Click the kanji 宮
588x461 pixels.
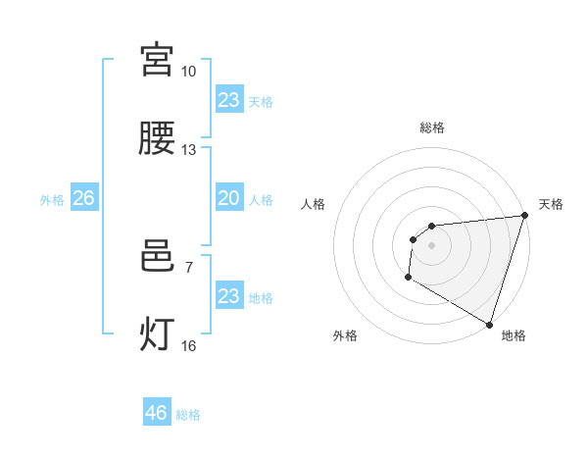pos(157,60)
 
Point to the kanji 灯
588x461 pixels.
pos(157,334)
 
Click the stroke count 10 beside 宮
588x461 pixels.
pos(188,72)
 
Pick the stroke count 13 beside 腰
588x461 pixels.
pos(188,150)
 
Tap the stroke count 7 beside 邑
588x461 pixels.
pos(188,267)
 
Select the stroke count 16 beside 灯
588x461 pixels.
pos(188,345)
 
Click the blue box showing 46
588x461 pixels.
pos(157,413)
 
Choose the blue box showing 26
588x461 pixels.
pos(83,198)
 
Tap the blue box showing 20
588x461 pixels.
pos(228,198)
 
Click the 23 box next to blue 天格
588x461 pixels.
pos(228,100)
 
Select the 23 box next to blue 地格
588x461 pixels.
pos(228,296)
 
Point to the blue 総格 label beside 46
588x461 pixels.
pos(188,415)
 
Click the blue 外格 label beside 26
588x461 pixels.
pos(52,200)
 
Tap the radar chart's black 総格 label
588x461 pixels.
pos(431,128)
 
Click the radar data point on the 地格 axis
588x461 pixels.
pos(488,324)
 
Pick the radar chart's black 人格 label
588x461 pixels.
pos(314,204)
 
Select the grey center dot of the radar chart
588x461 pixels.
pos(431,245)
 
